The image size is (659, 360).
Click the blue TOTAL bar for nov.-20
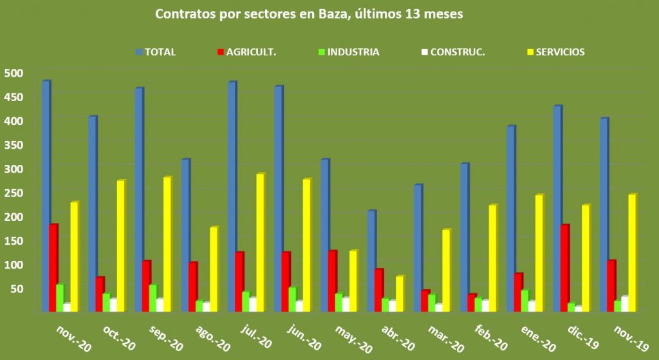coord(46,196)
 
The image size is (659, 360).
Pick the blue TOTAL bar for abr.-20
coord(371,261)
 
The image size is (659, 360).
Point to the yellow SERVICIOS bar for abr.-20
coord(399,294)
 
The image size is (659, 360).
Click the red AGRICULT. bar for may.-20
coord(332,281)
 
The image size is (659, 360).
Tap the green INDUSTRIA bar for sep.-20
coord(153,298)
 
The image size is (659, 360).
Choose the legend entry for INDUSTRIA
coord(353,52)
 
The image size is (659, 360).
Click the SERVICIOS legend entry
coord(560,52)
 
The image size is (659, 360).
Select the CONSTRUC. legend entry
coord(457,52)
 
